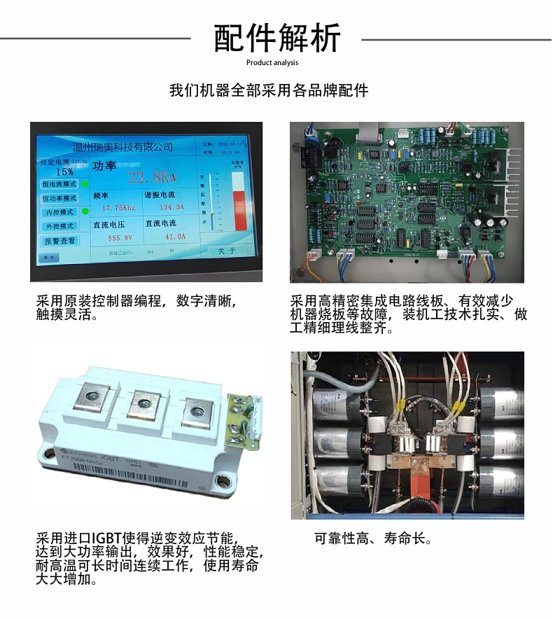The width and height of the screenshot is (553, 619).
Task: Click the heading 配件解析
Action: tap(276, 38)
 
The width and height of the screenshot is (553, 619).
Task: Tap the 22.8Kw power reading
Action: tap(155, 176)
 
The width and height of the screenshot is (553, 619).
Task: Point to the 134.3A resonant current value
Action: tap(171, 208)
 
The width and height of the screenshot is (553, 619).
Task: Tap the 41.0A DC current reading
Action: tap(175, 237)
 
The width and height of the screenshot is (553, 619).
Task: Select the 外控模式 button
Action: tap(59, 226)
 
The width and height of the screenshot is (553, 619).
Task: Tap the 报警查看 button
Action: tap(59, 241)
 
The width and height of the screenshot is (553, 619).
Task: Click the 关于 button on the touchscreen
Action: tap(226, 251)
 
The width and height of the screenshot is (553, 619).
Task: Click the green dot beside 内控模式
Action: tap(85, 211)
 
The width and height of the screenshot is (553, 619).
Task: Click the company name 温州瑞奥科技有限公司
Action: tap(122, 147)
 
